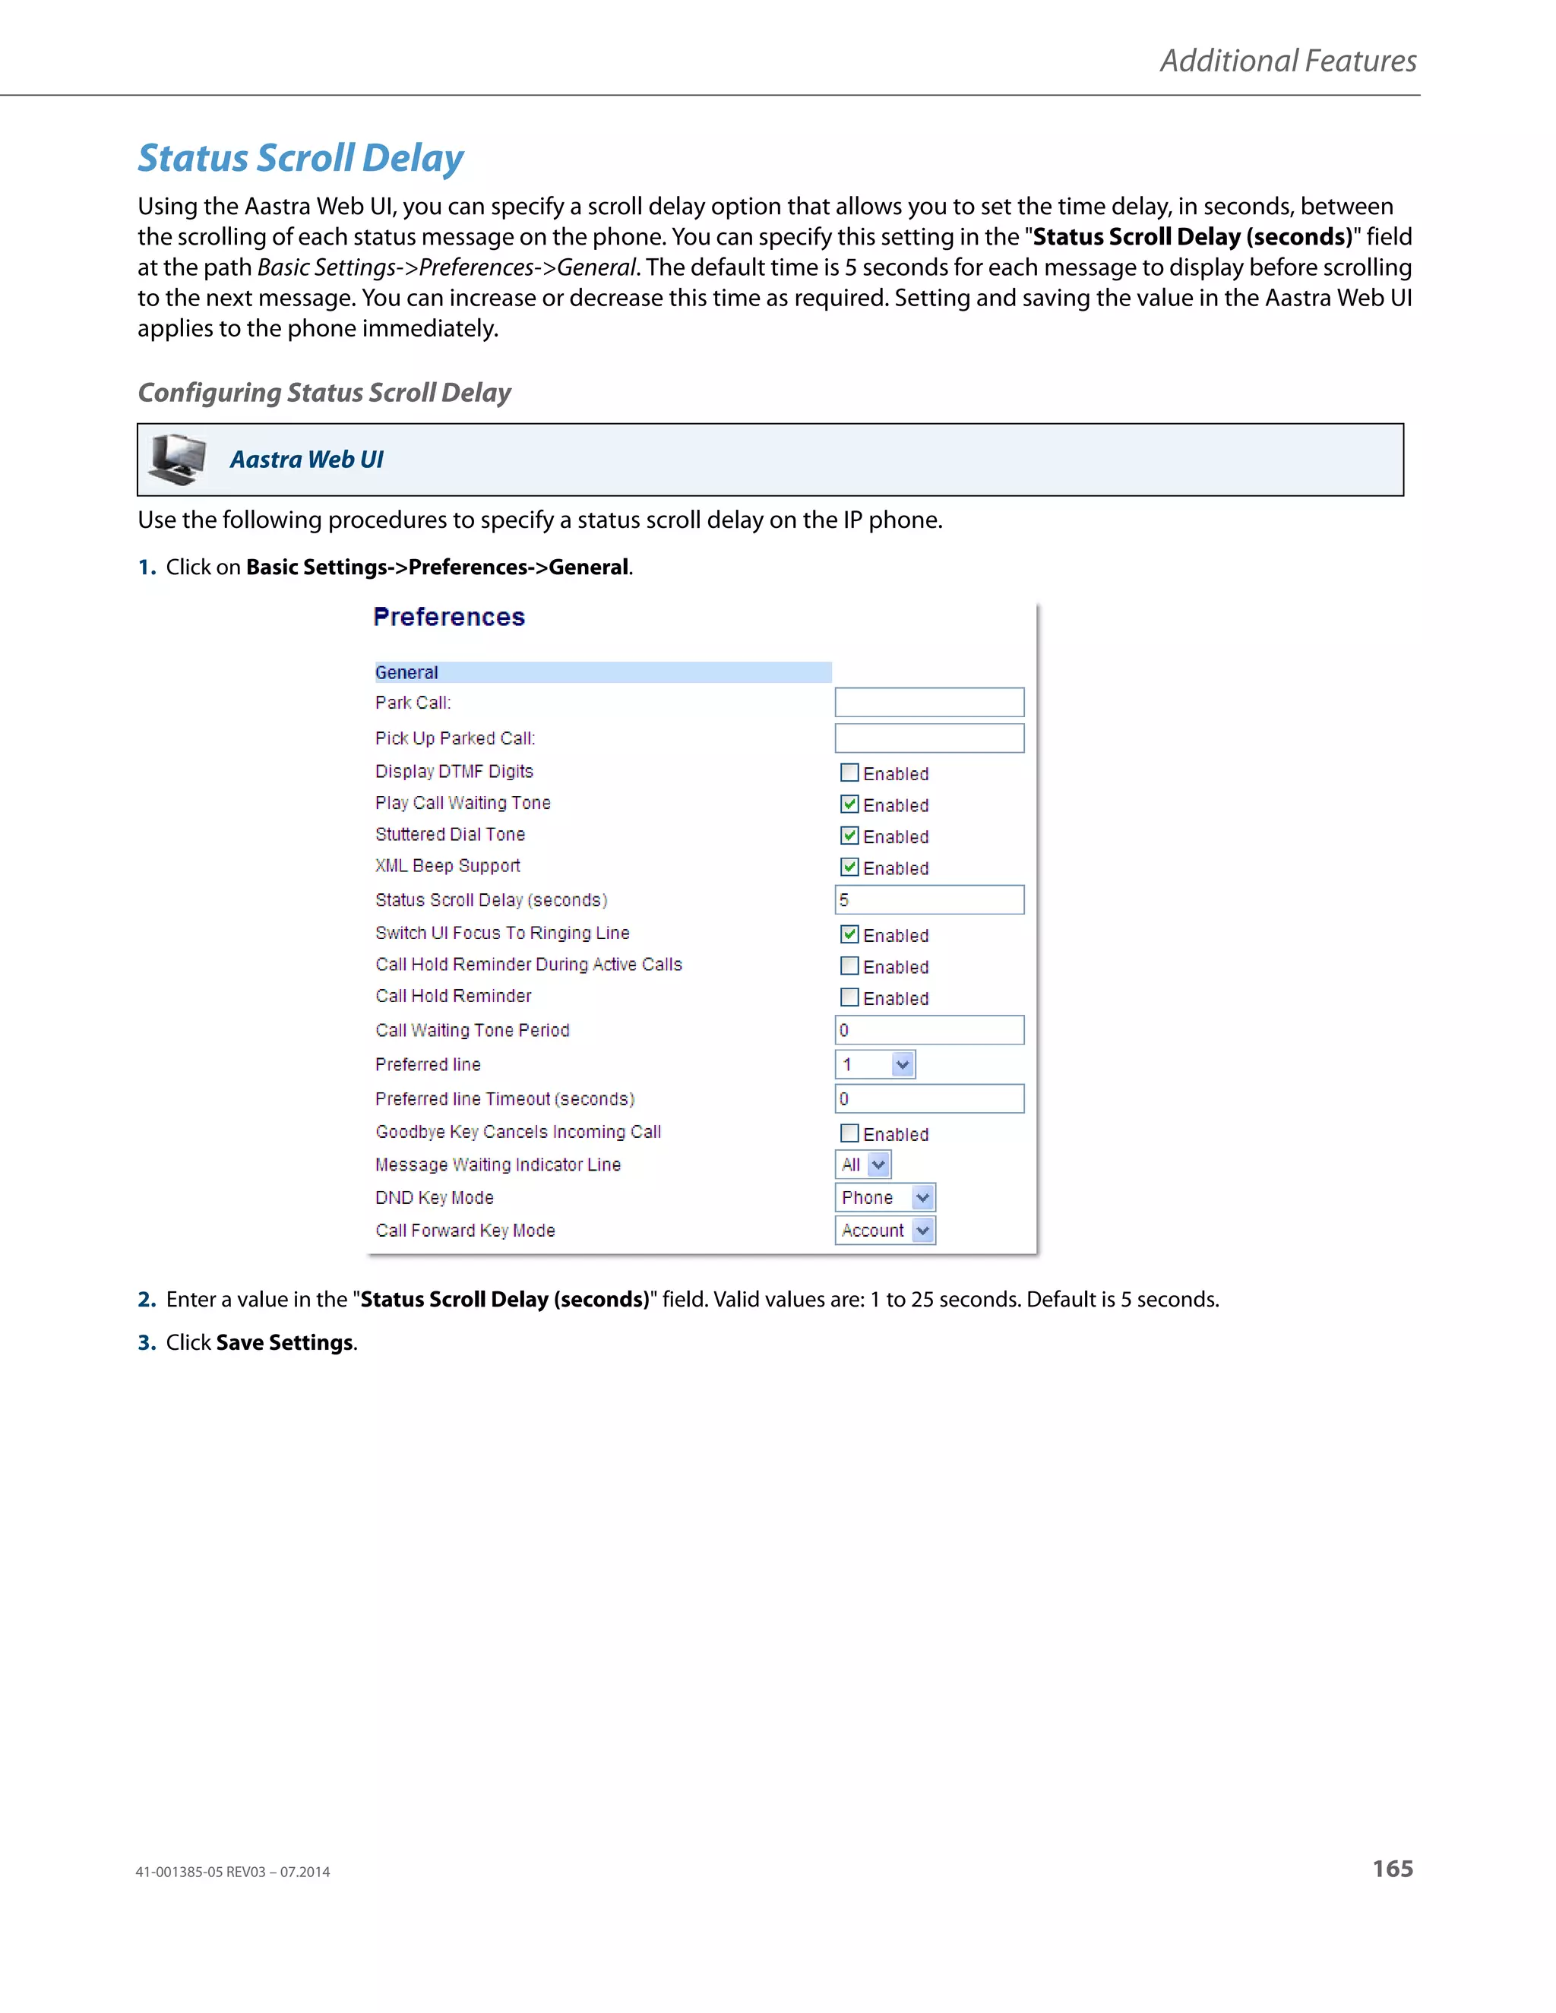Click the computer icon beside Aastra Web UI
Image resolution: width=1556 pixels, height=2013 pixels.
pos(178,459)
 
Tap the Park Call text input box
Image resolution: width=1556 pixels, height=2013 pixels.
pos(928,703)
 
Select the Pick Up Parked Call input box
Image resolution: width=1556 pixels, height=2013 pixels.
pos(928,738)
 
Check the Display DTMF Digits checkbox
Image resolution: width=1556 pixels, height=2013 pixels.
pos(849,773)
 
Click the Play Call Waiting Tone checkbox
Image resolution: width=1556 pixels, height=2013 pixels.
pos(849,804)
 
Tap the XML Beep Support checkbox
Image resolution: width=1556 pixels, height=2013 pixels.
pos(849,867)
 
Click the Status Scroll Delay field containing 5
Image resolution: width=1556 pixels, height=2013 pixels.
pos(928,899)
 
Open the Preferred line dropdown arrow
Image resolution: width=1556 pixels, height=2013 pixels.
pos(903,1064)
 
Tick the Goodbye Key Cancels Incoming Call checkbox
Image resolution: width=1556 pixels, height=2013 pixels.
pos(849,1133)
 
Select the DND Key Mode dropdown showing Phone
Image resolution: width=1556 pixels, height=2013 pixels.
pos(884,1197)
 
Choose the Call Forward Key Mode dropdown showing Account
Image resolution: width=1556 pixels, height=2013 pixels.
pos(884,1231)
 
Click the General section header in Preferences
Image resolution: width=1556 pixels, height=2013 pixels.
pos(406,673)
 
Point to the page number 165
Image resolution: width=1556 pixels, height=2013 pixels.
pos(1392,1869)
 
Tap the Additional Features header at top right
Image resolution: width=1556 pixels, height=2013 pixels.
pos(1287,61)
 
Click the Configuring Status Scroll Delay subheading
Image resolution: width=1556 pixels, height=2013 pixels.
pos(324,393)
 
